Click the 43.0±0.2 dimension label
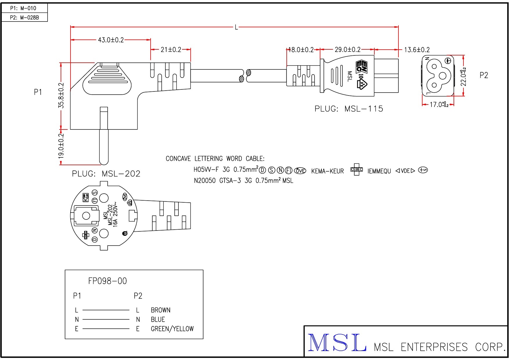(x=111, y=40)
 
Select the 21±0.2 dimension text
(x=171, y=50)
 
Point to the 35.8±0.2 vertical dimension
(x=61, y=96)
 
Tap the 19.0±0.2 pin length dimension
(x=61, y=146)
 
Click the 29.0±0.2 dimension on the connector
(x=347, y=50)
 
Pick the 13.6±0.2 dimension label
(x=417, y=50)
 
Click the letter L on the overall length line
(x=236, y=27)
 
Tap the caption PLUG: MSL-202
(x=106, y=174)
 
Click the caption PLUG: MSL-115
(x=349, y=109)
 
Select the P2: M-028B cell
(x=24, y=17)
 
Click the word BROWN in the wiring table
(x=160, y=310)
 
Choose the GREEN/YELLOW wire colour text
(x=172, y=329)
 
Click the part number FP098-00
(x=107, y=281)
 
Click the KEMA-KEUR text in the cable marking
(x=327, y=171)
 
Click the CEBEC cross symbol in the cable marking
(x=357, y=170)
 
